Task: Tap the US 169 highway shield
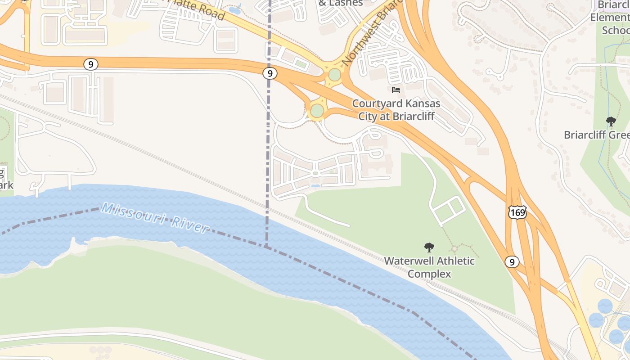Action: [517, 212]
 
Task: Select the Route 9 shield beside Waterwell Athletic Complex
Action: [512, 261]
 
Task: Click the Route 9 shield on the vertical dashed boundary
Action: [270, 73]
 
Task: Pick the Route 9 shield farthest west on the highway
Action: [91, 64]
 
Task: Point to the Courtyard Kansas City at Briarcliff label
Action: [396, 109]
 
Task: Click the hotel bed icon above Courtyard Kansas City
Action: [396, 90]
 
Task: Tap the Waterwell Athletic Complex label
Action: [429, 267]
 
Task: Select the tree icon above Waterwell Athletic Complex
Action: [429, 247]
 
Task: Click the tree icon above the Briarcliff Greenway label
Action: [611, 121]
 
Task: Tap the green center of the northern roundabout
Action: [334, 75]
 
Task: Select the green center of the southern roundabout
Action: [317, 110]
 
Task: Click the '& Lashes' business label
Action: [341, 3]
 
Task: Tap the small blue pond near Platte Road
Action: [234, 9]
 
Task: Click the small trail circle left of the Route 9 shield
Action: [455, 248]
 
